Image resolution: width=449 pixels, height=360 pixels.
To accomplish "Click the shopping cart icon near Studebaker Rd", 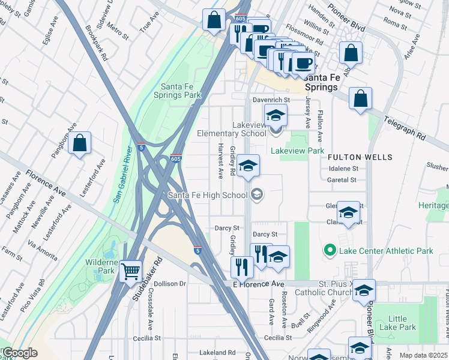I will pos(130,271).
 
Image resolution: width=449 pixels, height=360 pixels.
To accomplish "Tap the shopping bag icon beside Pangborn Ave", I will pos(79,143).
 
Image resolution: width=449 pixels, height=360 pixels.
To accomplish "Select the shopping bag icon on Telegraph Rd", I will pos(360,99).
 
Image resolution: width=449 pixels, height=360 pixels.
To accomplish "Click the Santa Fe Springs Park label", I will pos(176,91).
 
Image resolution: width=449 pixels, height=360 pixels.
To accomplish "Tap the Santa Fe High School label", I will pos(207,195).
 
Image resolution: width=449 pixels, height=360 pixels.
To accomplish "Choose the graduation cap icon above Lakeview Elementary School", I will pos(276,115).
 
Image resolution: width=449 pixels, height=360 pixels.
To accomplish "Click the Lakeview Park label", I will pos(298,151).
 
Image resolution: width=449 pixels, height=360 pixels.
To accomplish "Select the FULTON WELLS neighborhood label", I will pos(360,157).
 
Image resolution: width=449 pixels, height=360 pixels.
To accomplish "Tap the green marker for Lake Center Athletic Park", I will pos(329,250).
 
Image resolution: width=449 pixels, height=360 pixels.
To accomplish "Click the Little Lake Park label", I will pos(402,323).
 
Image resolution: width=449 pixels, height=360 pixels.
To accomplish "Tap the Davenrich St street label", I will pos(270,100).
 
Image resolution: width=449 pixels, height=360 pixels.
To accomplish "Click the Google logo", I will pos(19,353).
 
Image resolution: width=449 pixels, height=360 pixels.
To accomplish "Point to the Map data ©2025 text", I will pos(423,355).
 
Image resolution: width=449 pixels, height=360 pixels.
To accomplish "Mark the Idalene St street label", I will pos(343,169).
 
